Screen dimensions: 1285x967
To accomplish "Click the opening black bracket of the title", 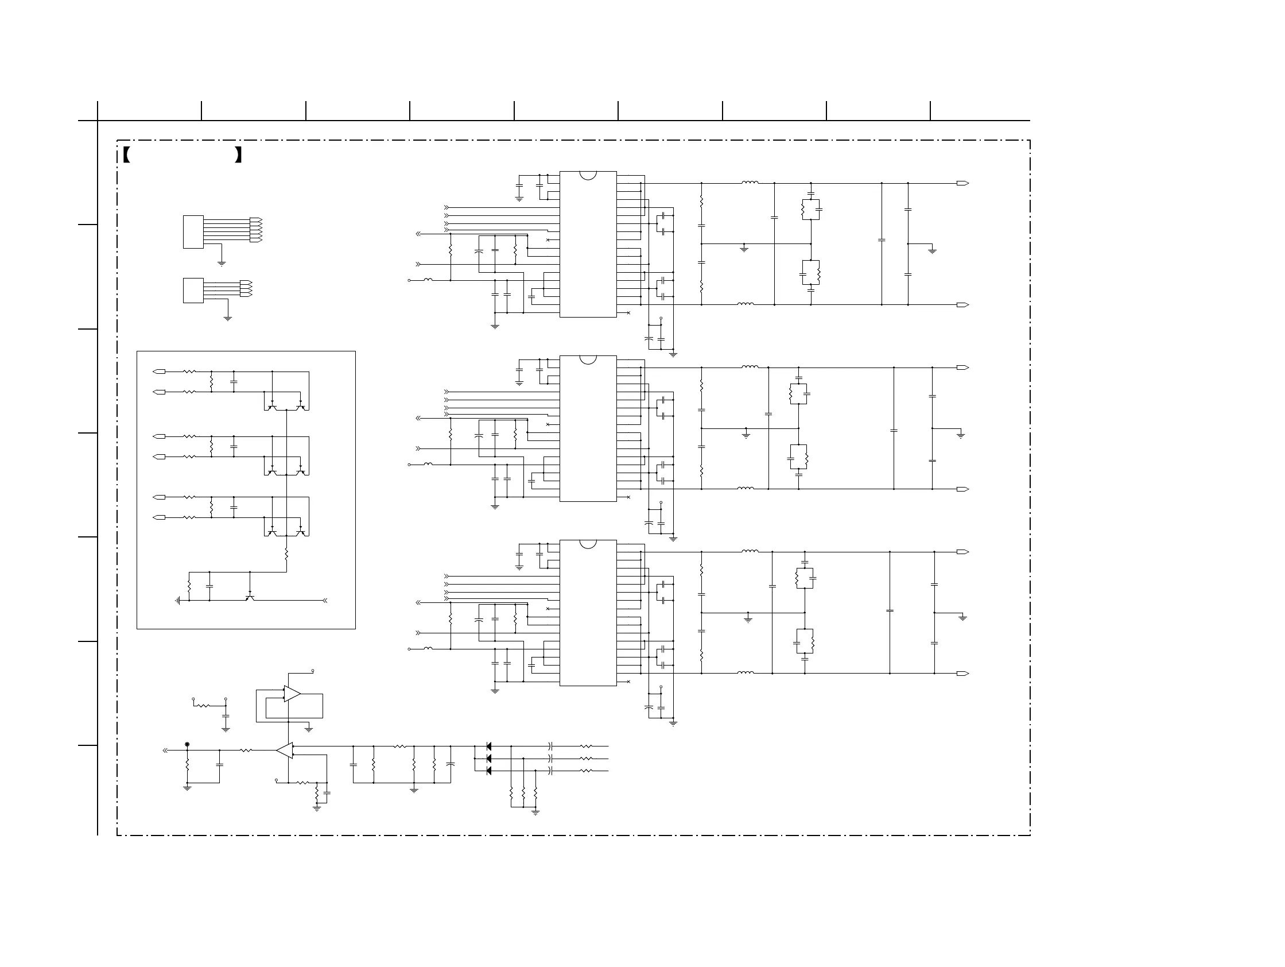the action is click(x=126, y=155).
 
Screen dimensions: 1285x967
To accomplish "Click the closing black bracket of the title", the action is click(x=238, y=155).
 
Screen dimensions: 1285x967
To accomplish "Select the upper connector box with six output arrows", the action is click(x=193, y=232).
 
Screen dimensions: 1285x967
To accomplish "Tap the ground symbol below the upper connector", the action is click(x=222, y=264).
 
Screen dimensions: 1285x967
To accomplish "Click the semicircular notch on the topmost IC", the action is click(x=588, y=175).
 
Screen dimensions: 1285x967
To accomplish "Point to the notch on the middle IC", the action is click(x=588, y=359).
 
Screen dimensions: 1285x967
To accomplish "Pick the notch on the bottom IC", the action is click(x=588, y=543).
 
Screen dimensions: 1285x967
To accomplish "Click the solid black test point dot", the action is click(x=187, y=744).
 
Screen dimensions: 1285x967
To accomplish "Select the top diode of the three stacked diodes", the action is click(x=488, y=746).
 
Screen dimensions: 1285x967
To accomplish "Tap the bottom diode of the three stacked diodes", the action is click(x=488, y=771).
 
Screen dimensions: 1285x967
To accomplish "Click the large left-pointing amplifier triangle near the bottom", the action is click(x=285, y=751).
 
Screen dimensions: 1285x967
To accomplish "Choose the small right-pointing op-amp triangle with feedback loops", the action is click(x=292, y=694).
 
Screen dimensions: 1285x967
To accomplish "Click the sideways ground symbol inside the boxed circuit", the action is click(x=178, y=600).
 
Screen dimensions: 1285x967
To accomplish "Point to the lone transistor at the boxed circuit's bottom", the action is click(x=250, y=597).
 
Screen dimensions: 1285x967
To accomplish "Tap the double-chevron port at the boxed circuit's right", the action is click(x=325, y=600).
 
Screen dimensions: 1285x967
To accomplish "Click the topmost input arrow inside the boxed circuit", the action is click(x=158, y=372).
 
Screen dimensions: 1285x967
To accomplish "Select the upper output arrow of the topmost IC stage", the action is click(x=962, y=184).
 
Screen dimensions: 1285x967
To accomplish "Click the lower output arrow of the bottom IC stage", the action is click(x=962, y=674).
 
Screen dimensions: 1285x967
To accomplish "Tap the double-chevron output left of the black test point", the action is click(x=165, y=751).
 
